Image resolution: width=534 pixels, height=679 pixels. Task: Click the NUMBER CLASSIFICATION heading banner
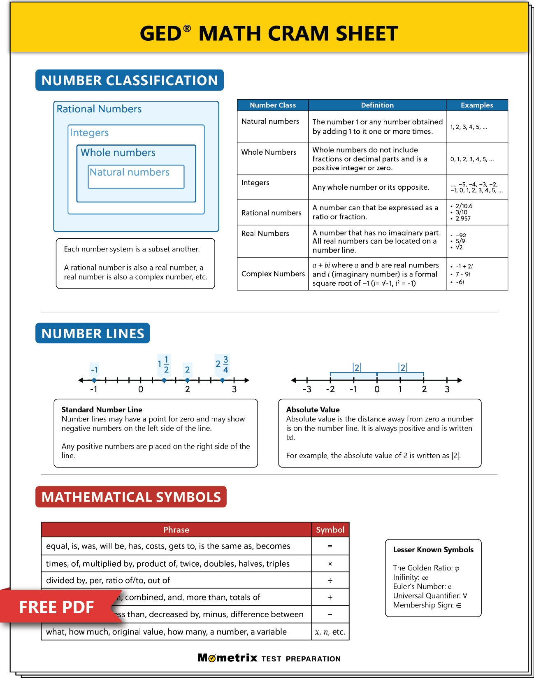click(130, 80)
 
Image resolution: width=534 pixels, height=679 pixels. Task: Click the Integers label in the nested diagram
click(89, 133)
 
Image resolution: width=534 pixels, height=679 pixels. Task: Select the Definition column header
click(377, 105)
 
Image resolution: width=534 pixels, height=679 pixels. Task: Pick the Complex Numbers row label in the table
click(273, 274)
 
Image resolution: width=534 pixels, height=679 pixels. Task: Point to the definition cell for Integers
click(370, 187)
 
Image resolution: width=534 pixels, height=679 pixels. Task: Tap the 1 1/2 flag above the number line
click(164, 365)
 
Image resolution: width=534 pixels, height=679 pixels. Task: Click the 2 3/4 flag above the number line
click(222, 364)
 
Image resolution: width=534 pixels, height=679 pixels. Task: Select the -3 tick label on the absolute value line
click(307, 389)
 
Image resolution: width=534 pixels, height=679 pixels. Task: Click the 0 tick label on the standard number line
click(141, 389)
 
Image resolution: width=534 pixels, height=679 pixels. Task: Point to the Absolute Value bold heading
click(313, 410)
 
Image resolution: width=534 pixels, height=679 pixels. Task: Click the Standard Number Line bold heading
click(102, 410)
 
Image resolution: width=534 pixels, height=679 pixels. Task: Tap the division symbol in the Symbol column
click(330, 581)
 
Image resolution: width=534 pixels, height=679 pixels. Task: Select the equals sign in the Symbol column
click(330, 546)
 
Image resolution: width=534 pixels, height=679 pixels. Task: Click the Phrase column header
click(176, 530)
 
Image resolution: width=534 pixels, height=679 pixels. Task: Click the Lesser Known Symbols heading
click(433, 550)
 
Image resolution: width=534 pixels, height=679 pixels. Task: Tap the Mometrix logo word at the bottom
click(228, 658)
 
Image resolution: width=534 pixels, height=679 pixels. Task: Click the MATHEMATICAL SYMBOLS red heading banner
click(131, 497)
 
